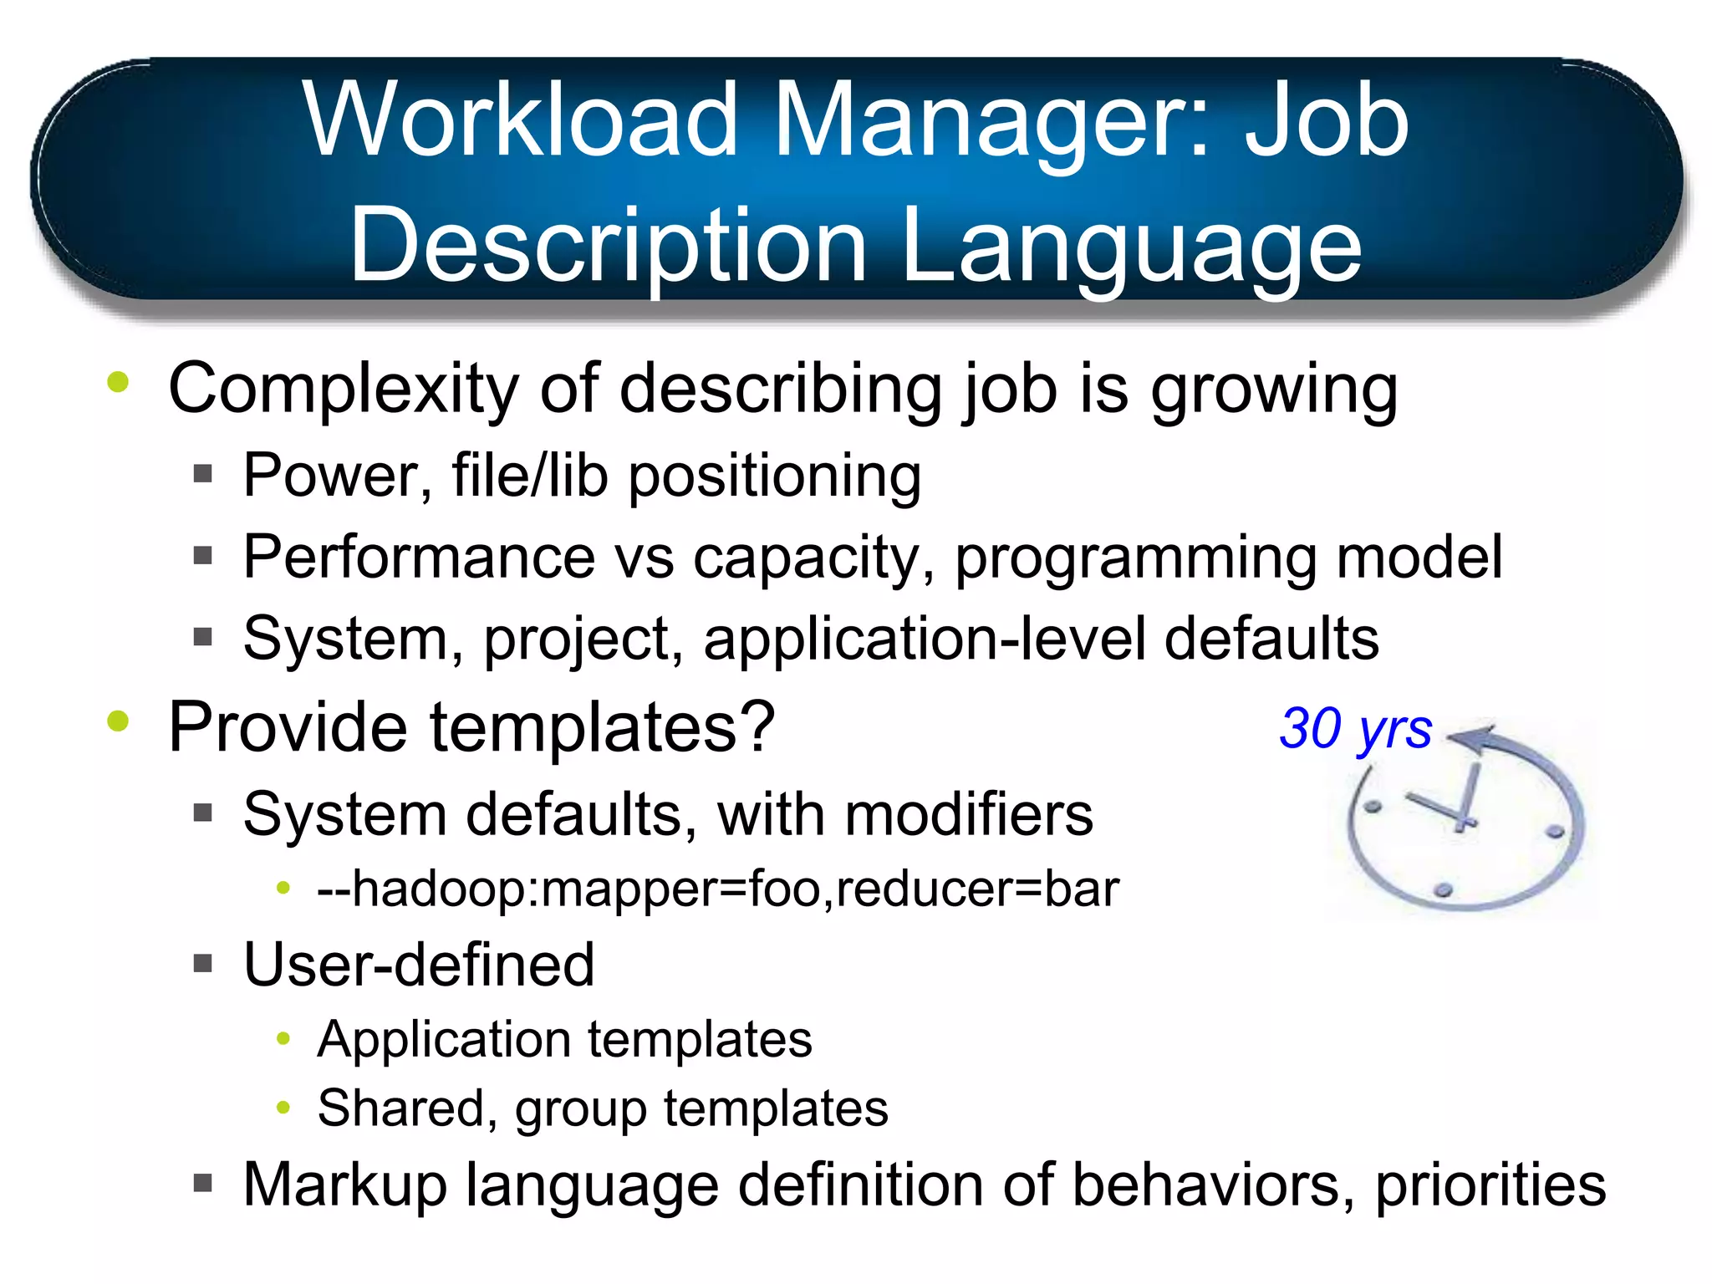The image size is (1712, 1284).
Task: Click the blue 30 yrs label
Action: point(1355,729)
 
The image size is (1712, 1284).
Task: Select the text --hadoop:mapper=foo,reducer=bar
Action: point(718,889)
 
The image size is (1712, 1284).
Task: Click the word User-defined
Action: point(419,965)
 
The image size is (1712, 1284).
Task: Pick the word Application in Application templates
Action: point(444,1040)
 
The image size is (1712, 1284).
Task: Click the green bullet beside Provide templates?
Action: point(118,721)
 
